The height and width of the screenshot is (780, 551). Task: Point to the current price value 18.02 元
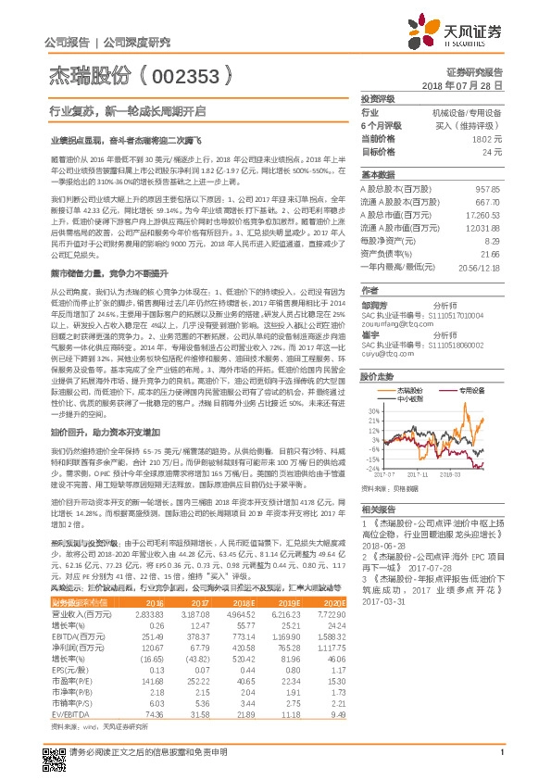click(487, 137)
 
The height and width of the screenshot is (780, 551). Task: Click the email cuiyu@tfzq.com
click(385, 353)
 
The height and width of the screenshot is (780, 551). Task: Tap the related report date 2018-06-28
click(382, 546)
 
